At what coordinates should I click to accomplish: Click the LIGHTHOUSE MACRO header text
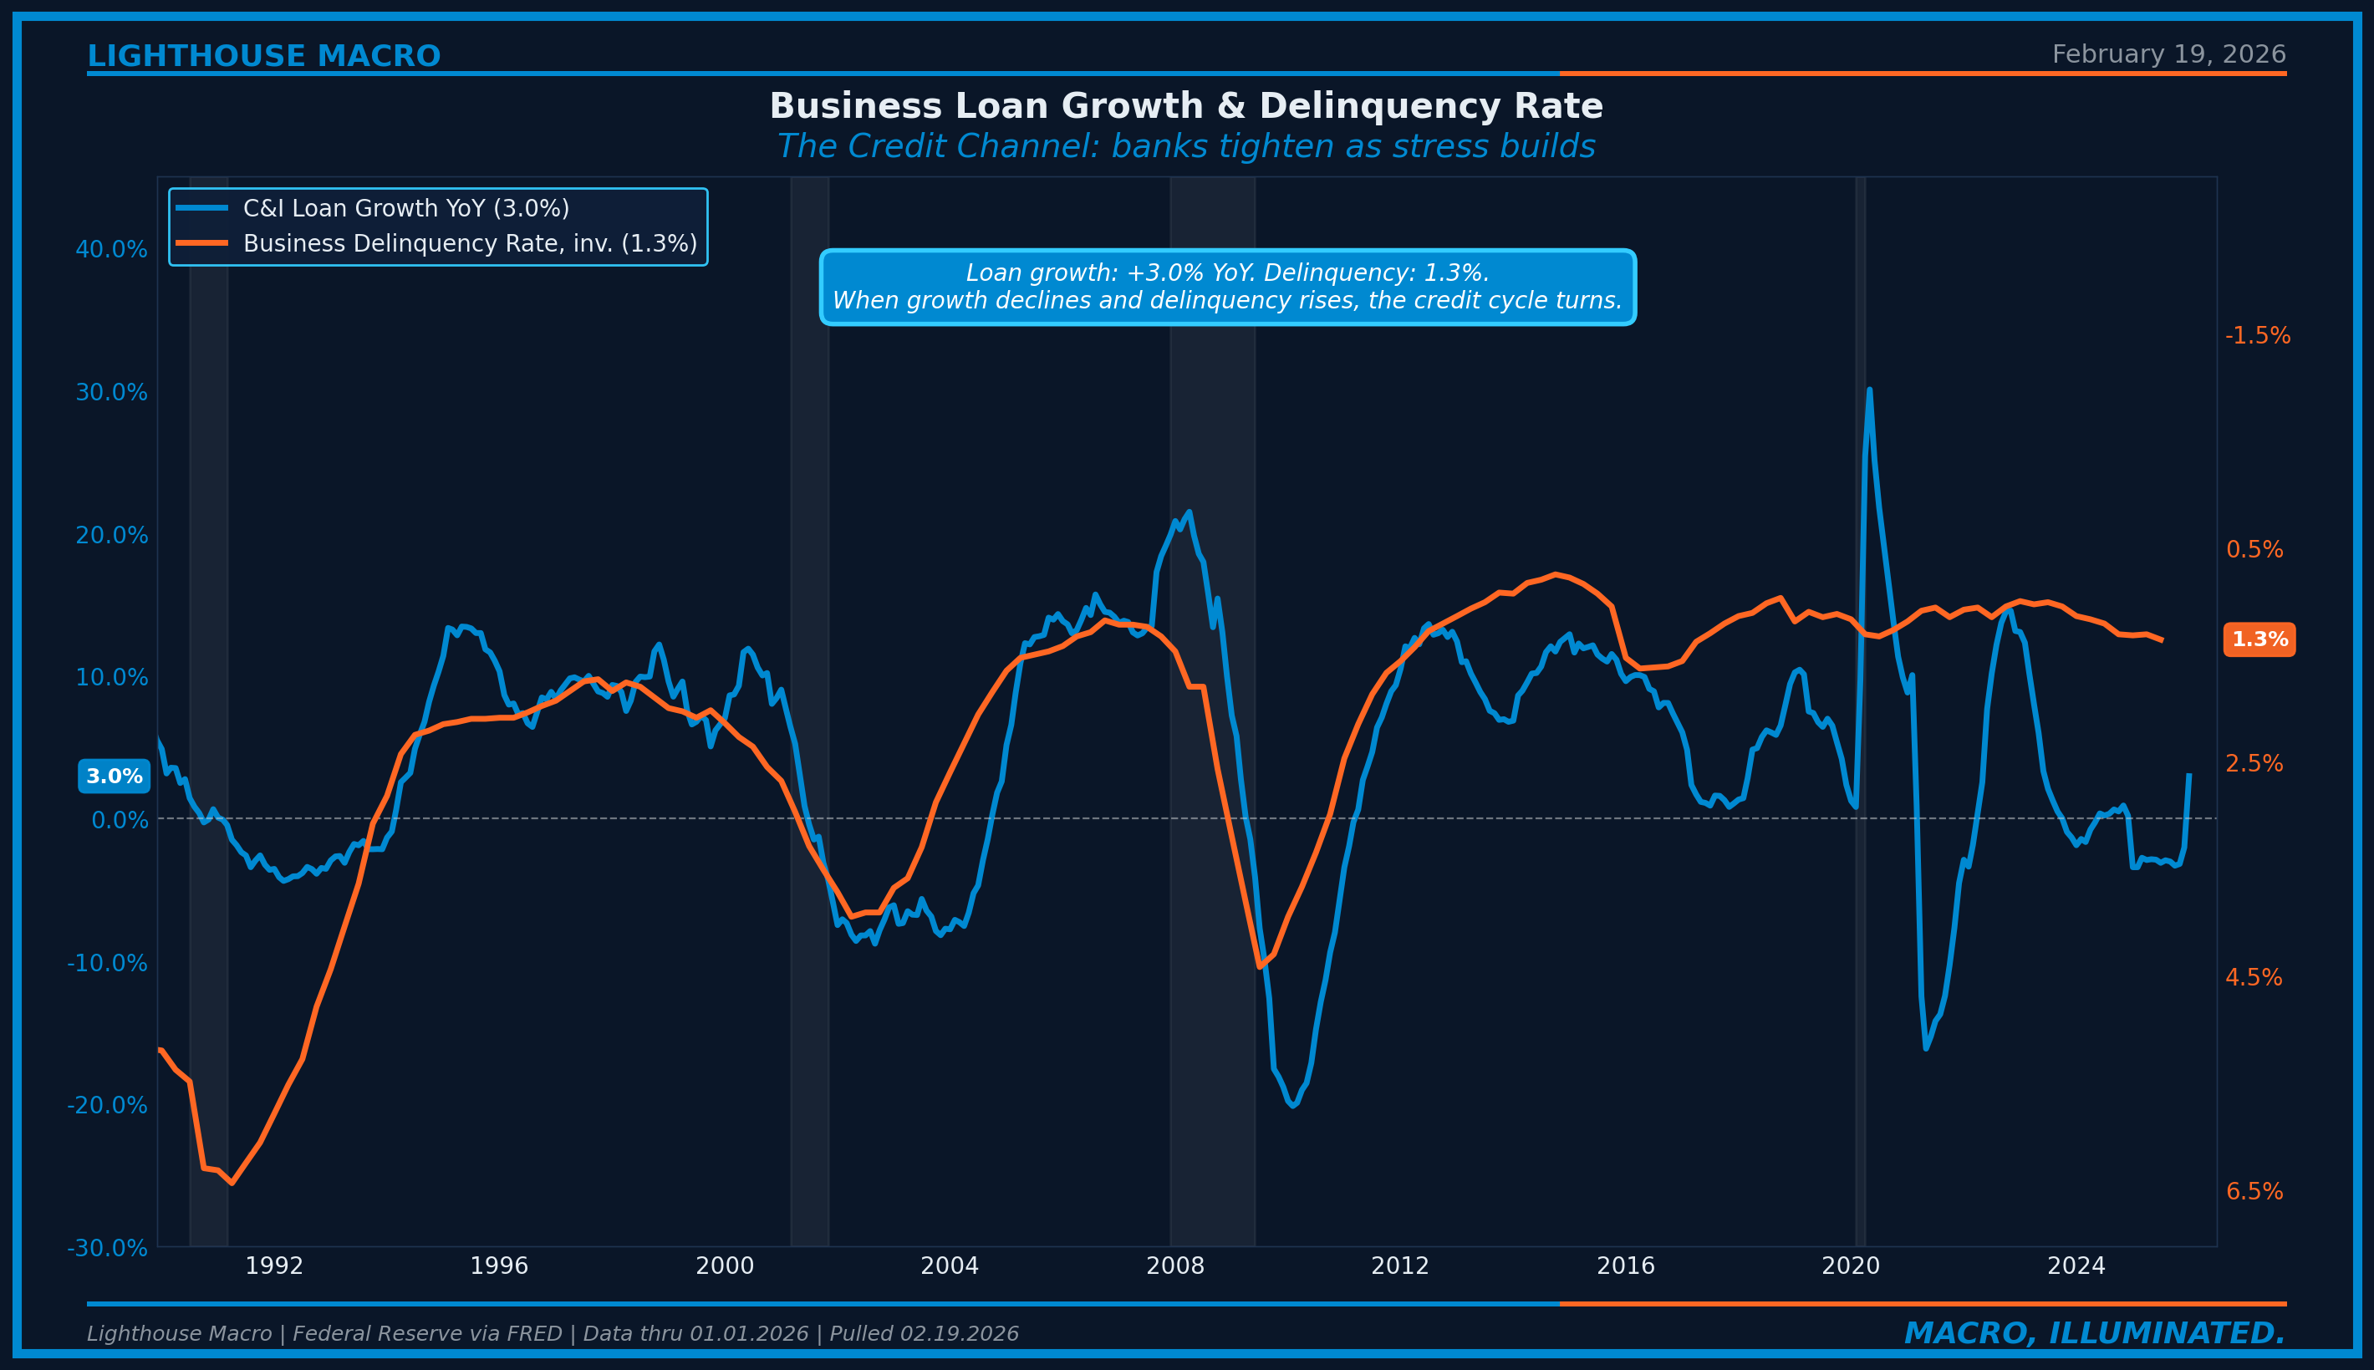tap(263, 57)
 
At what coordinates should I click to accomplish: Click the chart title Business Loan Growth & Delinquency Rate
tap(1185, 106)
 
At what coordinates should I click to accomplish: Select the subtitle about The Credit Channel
tap(1185, 147)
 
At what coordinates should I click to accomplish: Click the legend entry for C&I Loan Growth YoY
tap(405, 208)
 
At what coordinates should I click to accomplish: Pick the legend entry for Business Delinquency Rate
tap(470, 244)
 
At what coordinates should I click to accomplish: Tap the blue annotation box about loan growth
tap(1227, 287)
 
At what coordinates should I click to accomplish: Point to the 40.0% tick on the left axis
tap(111, 250)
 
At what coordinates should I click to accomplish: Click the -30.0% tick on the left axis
tap(107, 1249)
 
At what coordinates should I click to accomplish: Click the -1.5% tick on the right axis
tap(2257, 336)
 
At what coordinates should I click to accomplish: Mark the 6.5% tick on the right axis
tap(2254, 1192)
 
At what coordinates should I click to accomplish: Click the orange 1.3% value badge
tap(2259, 639)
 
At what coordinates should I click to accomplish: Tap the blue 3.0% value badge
tap(114, 777)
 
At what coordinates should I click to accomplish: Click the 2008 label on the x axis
tap(1174, 1266)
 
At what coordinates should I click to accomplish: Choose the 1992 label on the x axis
tap(274, 1266)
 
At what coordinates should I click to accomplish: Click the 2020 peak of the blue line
tap(1869, 390)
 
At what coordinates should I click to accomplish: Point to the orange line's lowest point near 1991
tap(232, 1183)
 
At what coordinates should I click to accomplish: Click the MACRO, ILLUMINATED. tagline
tap(2095, 1333)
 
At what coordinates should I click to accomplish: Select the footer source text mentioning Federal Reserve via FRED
tap(553, 1334)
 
